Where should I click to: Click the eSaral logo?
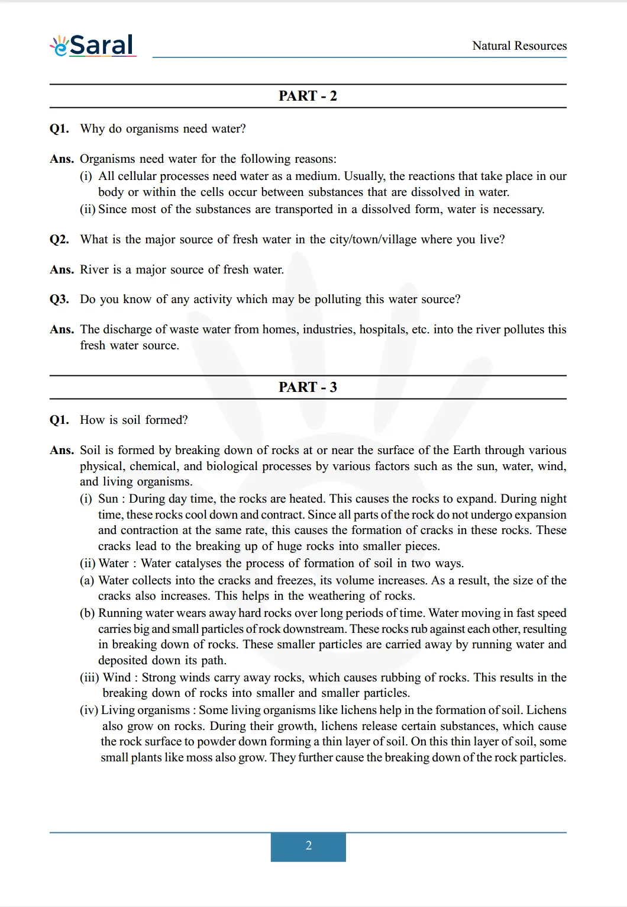(x=93, y=45)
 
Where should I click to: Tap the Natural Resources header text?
(x=519, y=46)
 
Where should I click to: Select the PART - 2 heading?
(x=308, y=96)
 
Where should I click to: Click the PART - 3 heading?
(x=308, y=387)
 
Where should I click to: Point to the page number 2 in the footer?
(x=308, y=846)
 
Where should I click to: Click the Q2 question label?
(x=59, y=240)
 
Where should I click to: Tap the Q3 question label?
(x=59, y=300)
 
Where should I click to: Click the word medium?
(x=320, y=176)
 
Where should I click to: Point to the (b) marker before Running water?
(x=87, y=613)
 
